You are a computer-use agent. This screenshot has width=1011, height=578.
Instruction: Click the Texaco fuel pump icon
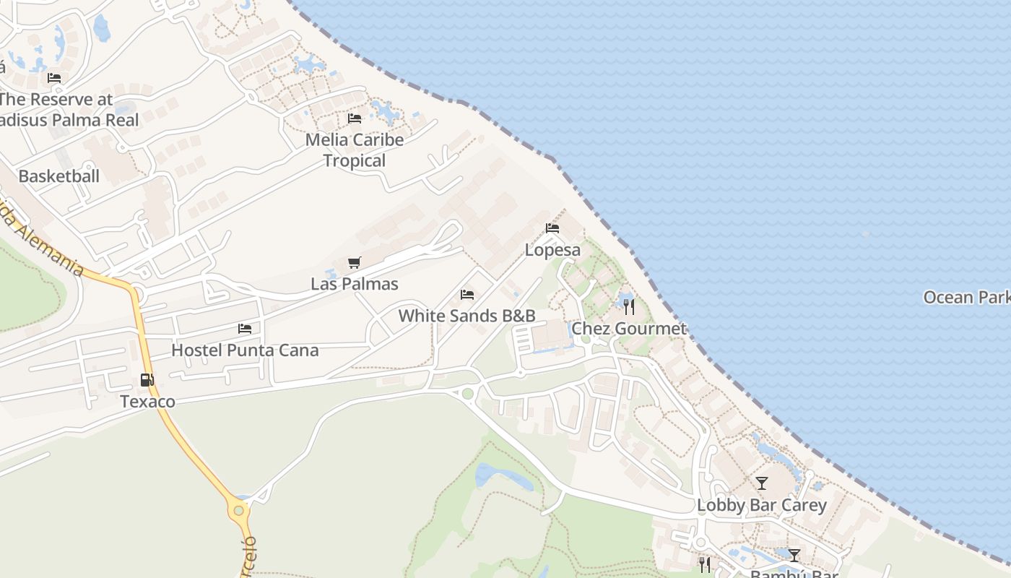coord(147,380)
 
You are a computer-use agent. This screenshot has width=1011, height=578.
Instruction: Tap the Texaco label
coord(147,402)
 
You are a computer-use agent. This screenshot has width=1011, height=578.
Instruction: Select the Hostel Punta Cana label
coord(245,350)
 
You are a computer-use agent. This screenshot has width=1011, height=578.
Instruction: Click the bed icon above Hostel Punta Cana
coord(245,329)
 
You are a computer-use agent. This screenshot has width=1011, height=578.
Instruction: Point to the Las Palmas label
coord(354,284)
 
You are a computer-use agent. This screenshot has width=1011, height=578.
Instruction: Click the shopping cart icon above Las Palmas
coord(354,263)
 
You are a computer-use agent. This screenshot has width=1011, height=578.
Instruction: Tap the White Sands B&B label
coord(467,316)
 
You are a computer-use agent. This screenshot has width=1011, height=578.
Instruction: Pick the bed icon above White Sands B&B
coord(467,295)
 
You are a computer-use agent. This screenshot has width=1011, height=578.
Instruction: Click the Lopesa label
coord(552,250)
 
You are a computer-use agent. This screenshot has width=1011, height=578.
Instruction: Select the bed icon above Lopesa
coord(552,228)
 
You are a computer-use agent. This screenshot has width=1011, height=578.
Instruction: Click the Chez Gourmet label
coord(628,329)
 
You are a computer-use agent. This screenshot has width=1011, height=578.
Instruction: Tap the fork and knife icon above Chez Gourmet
coord(629,307)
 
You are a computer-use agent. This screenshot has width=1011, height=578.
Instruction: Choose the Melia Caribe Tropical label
coord(354,150)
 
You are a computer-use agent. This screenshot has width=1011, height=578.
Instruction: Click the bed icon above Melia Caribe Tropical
coord(354,118)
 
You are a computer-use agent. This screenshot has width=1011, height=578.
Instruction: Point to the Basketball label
coord(58,176)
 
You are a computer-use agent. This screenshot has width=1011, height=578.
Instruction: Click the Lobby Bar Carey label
coord(761,505)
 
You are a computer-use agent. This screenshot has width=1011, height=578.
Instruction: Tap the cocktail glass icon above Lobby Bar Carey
coord(762,483)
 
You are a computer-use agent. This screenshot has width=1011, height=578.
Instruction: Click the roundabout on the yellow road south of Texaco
coord(238,511)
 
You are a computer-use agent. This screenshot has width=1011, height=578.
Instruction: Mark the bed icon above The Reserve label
coord(54,78)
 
